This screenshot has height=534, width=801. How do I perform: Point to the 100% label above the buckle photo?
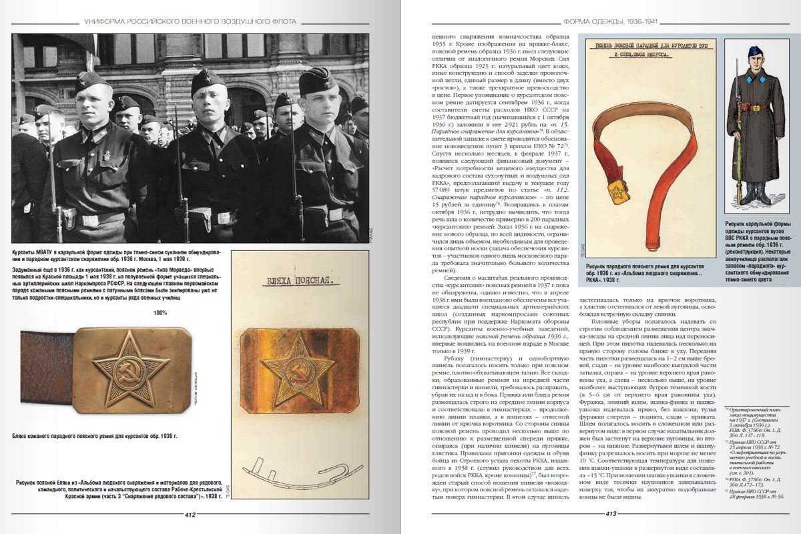click(x=160, y=312)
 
